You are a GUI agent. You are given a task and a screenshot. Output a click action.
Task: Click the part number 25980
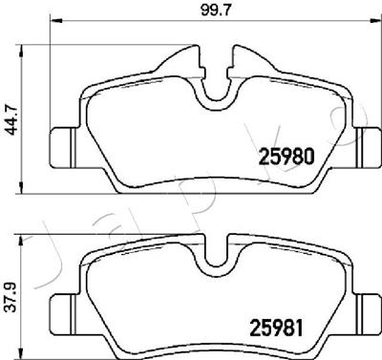click(287, 157)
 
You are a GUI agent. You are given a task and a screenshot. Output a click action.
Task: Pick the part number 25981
click(276, 328)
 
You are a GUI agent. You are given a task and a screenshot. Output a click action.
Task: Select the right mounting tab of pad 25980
click(368, 147)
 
